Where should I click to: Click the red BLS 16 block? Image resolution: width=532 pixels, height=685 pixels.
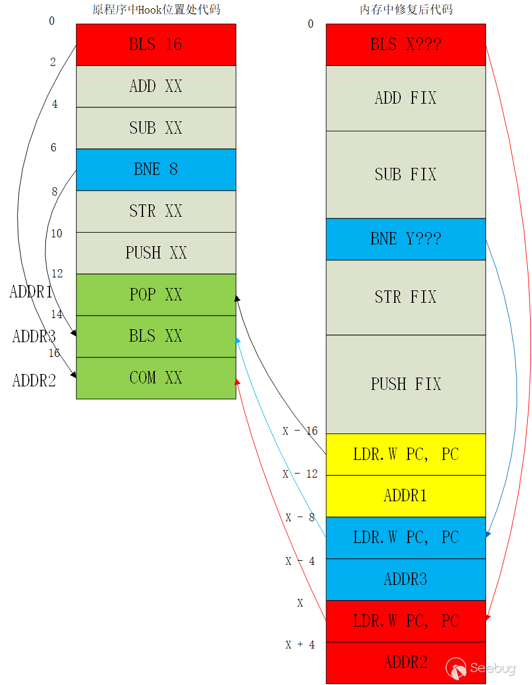[156, 45]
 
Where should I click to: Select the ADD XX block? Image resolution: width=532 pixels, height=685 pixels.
[156, 87]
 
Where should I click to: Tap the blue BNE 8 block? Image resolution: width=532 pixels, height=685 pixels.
[156, 170]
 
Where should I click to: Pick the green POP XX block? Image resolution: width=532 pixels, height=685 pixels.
[156, 294]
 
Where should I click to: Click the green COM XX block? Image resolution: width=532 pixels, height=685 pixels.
[156, 378]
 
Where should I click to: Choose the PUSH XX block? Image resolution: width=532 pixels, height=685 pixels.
[156, 253]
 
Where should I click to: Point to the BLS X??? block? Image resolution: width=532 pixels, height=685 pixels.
[405, 45]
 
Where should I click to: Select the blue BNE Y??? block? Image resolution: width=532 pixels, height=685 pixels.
[405, 239]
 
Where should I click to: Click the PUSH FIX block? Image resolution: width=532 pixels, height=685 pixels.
[405, 384]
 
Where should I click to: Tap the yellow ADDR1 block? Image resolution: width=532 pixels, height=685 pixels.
[405, 496]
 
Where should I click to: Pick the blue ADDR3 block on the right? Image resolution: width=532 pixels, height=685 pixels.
[405, 580]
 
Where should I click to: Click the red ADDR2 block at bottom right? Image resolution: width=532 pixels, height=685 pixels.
[405, 663]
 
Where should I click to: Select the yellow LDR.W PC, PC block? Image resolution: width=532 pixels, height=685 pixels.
[405, 455]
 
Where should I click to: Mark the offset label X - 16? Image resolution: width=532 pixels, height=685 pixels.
[300, 431]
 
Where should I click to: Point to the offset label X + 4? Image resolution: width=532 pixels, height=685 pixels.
[300, 645]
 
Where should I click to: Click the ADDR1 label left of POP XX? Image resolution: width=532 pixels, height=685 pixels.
[31, 292]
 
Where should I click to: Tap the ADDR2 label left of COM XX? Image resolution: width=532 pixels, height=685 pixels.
[34, 381]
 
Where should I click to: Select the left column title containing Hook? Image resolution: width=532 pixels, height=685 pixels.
[156, 10]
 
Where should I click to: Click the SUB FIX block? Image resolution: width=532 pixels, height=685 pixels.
[405, 174]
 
